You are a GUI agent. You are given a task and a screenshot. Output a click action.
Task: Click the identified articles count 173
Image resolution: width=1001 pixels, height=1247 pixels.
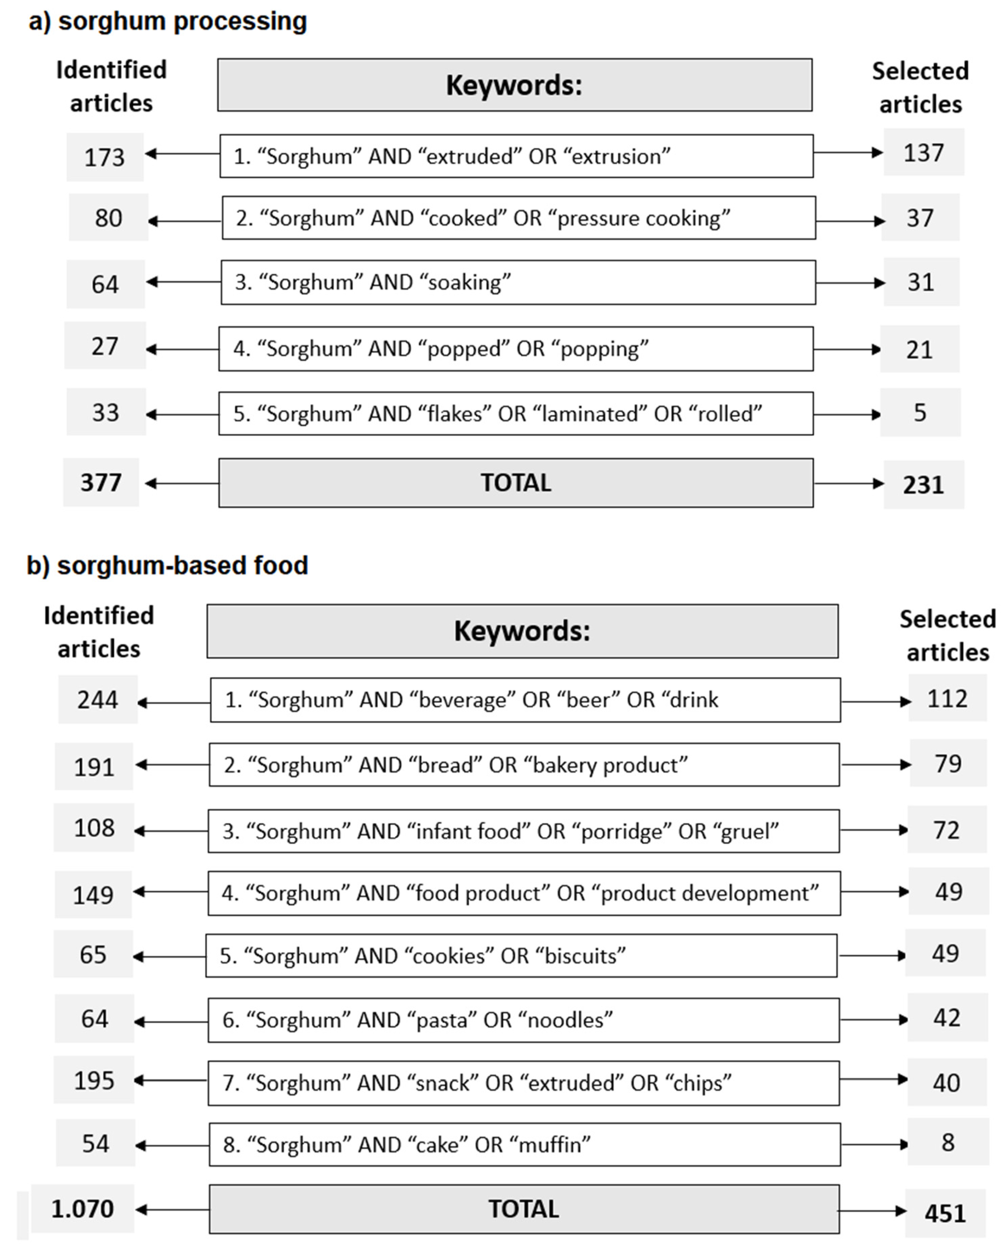click(x=105, y=157)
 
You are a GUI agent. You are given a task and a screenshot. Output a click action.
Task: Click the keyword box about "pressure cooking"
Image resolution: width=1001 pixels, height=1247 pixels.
click(x=519, y=218)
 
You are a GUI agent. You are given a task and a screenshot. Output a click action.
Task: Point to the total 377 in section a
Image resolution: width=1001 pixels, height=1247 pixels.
click(x=101, y=482)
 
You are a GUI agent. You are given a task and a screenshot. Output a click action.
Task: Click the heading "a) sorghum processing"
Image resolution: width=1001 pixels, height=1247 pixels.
click(x=168, y=22)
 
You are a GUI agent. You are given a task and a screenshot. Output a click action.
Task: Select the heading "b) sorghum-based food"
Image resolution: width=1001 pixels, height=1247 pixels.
click(x=167, y=565)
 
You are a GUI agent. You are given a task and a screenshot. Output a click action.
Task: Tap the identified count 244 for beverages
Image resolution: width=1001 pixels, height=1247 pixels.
click(x=98, y=700)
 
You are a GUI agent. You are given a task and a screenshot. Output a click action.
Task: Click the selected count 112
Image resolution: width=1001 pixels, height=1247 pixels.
click(x=947, y=699)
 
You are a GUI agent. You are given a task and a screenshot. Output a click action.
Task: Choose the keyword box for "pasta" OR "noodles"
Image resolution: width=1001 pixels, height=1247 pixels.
click(x=523, y=1020)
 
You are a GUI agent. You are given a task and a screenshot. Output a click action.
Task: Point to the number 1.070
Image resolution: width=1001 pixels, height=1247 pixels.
click(x=83, y=1208)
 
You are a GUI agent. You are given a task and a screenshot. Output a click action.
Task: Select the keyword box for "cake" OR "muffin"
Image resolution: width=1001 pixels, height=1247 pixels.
click(x=524, y=1145)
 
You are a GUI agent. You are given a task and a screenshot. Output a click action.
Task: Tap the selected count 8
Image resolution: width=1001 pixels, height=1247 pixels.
click(x=948, y=1142)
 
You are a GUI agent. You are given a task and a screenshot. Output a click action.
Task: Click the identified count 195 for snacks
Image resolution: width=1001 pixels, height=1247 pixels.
click(x=94, y=1080)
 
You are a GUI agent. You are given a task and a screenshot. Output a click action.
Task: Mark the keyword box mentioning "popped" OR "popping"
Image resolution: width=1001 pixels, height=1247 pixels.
click(x=515, y=349)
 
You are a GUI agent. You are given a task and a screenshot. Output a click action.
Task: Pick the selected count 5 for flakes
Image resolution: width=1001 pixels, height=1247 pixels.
click(x=920, y=413)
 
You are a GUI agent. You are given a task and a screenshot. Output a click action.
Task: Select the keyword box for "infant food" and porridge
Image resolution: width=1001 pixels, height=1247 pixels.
click(x=523, y=831)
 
